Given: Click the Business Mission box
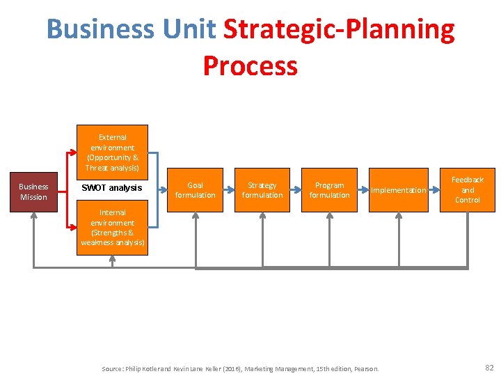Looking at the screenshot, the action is [x=33, y=191].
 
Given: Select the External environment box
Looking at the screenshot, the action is [x=112, y=152].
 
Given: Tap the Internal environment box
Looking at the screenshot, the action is [x=112, y=228].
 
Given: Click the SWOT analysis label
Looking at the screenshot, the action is [x=111, y=188].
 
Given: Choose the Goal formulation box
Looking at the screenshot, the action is [x=195, y=190].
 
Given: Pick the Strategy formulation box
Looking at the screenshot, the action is [x=262, y=190].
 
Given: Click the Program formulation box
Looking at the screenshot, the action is [x=329, y=190].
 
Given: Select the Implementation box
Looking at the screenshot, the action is [x=397, y=190].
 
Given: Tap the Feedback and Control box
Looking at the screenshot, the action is [x=468, y=189].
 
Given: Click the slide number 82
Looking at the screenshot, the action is [x=488, y=367].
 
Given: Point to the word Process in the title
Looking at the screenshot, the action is [x=250, y=66].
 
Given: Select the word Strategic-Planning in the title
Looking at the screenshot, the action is [x=339, y=30].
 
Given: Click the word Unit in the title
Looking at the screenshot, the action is [x=189, y=30].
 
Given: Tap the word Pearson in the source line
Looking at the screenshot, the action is [x=366, y=368].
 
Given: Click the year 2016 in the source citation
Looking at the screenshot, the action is [x=248, y=368].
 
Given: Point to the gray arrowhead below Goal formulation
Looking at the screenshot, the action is [x=196, y=217].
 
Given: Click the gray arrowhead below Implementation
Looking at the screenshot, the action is [x=398, y=217].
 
